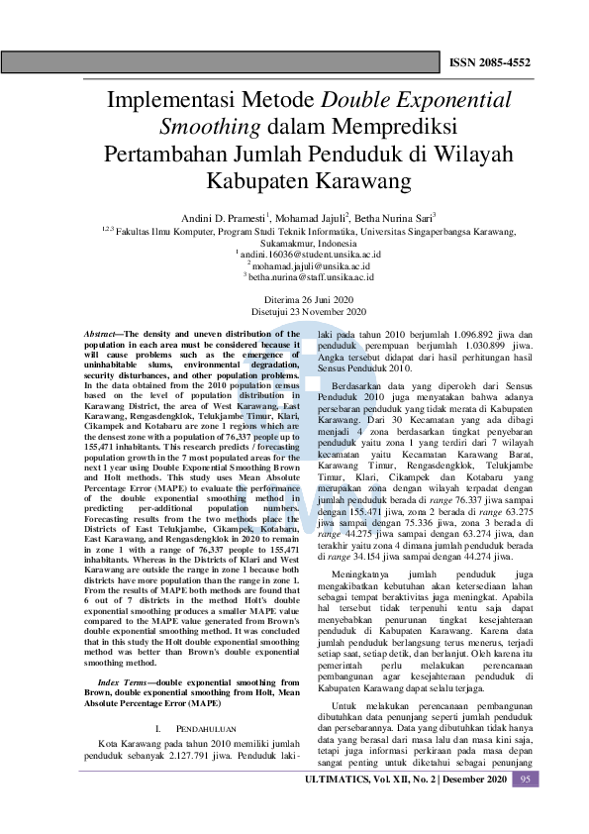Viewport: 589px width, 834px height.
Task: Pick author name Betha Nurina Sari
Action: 395,217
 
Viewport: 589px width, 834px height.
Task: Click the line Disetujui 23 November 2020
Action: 294,312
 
